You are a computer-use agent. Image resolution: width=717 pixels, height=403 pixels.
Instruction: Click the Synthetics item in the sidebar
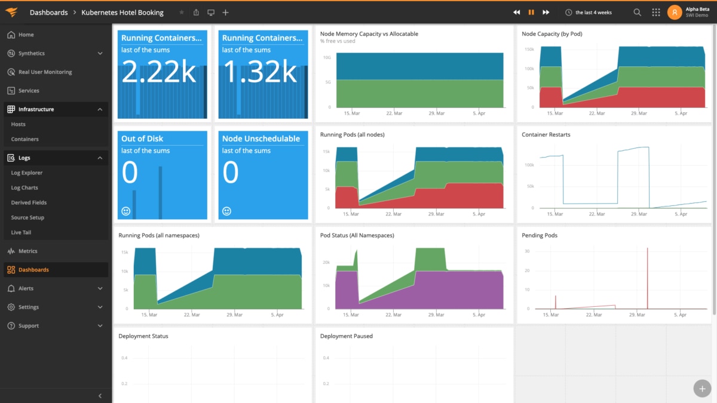coord(31,53)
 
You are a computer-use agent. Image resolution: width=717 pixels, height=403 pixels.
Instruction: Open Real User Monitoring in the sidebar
coord(45,72)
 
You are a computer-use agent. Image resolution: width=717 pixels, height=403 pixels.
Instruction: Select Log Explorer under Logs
coord(27,173)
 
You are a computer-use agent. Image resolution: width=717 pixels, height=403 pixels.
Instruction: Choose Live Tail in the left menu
coord(21,232)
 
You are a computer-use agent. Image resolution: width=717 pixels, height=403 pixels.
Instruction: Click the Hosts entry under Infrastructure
coord(19,124)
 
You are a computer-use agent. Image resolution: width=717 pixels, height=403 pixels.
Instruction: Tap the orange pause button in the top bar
coord(531,13)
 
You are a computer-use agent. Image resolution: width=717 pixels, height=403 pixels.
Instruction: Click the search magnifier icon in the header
coord(638,13)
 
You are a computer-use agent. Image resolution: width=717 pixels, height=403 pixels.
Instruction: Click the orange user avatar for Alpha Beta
coord(675,13)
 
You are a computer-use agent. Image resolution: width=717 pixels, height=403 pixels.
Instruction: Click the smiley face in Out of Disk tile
coord(126,211)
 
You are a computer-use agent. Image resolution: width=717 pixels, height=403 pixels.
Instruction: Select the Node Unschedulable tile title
coord(261,139)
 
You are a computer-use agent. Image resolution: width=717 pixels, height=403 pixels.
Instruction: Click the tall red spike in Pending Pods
coord(648,275)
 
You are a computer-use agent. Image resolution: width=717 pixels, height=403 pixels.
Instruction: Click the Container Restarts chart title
coord(546,135)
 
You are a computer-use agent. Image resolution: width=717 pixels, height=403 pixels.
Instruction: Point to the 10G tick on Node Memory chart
coord(327,58)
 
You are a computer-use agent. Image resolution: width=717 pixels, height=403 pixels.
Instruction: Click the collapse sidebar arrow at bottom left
coord(100,396)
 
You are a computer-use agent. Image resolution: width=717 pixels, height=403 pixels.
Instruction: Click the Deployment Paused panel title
coord(346,336)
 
